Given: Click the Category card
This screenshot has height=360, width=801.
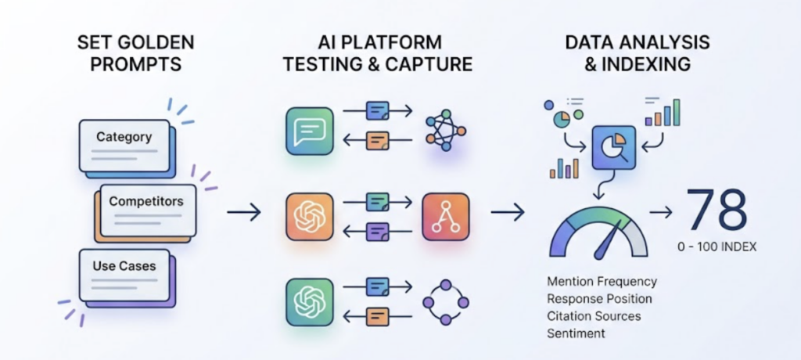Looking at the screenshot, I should tap(124, 146).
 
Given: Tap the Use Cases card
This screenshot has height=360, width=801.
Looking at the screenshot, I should tap(125, 274).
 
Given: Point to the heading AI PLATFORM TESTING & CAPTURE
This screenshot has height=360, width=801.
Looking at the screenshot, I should tap(378, 52).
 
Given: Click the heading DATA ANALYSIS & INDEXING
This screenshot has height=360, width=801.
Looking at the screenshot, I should tap(628, 52).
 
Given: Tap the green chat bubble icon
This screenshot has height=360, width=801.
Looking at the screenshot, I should tap(310, 131).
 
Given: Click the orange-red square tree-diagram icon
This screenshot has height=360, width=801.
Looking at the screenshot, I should tap(447, 215).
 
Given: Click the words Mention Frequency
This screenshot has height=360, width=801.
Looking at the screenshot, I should tap(602, 281).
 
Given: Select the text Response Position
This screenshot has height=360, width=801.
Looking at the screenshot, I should tap(600, 298).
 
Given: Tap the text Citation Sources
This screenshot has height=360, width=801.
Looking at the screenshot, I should tap(594, 316).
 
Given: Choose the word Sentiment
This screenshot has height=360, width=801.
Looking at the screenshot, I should tap(577, 333).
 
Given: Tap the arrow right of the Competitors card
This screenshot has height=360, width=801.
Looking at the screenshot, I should tap(243, 211).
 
